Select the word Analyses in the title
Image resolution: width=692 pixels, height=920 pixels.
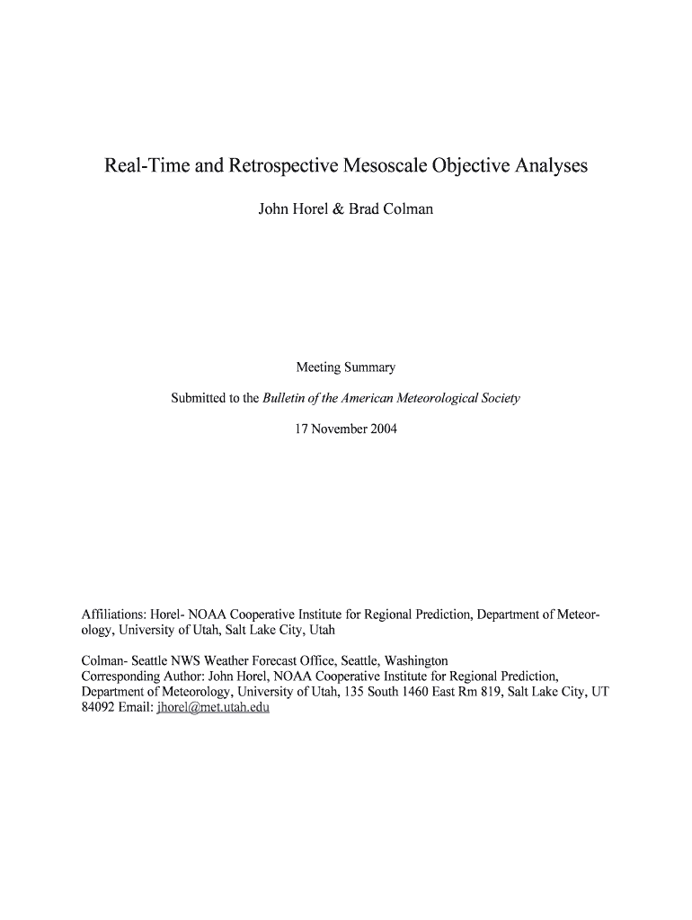point(548,167)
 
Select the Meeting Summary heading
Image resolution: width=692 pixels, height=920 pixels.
point(345,367)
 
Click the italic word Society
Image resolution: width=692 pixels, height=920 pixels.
point(499,398)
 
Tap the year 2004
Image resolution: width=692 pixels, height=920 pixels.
point(383,429)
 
